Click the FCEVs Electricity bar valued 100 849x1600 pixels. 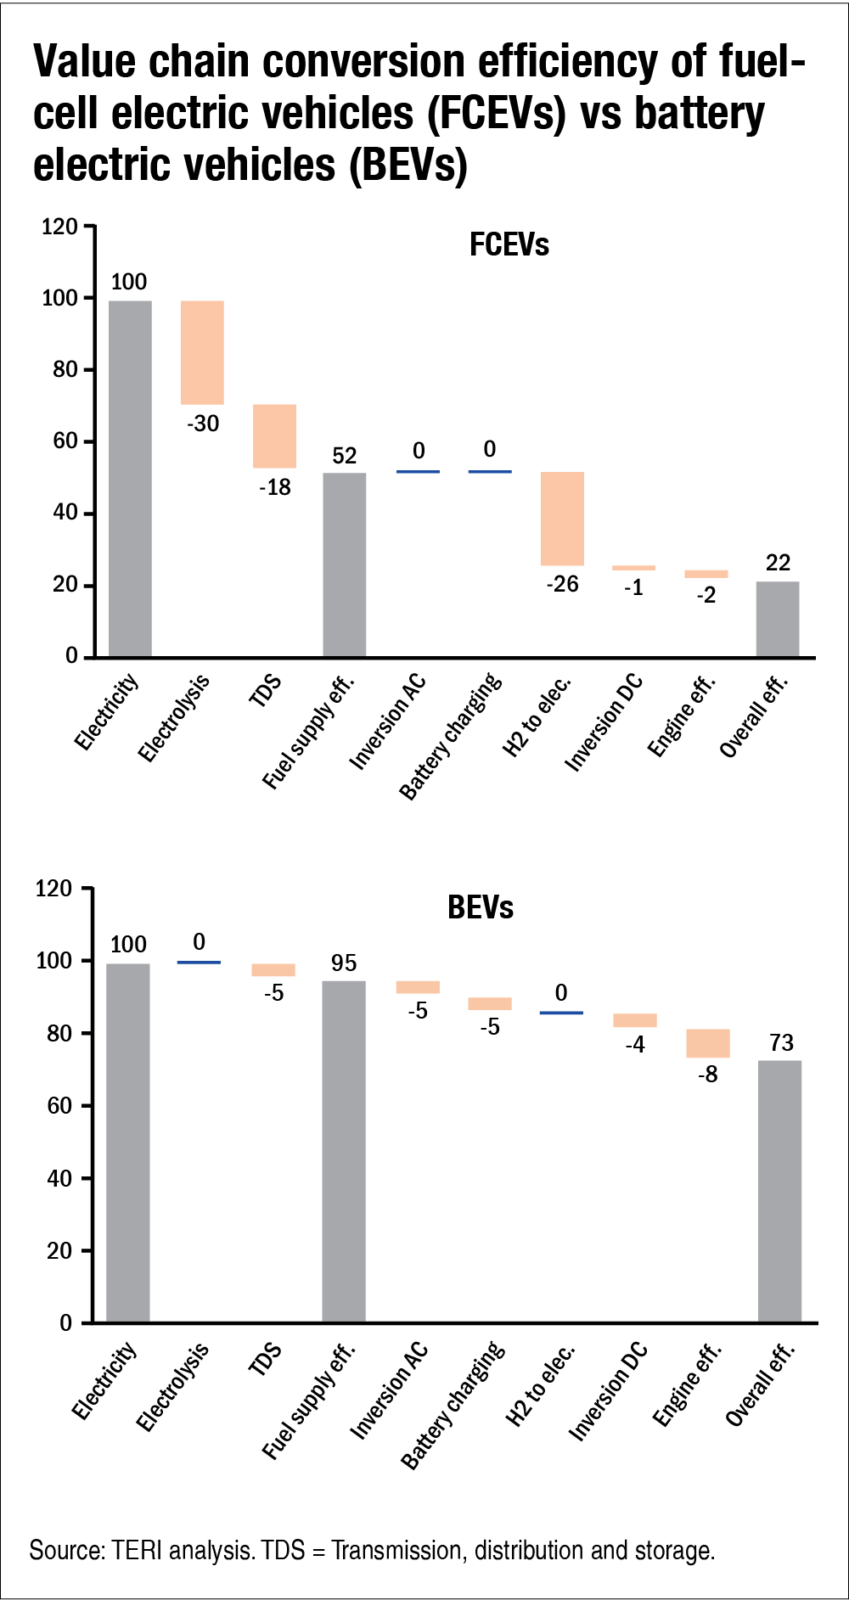pyautogui.click(x=130, y=478)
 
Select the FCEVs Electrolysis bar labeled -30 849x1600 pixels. pyautogui.click(x=202, y=352)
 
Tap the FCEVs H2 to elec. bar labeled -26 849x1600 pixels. pyautogui.click(x=562, y=518)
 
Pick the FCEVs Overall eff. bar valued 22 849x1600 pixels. pyautogui.click(x=778, y=619)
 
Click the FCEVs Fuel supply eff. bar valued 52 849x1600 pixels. pyautogui.click(x=345, y=564)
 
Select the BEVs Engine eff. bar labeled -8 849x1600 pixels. pyautogui.click(x=708, y=1043)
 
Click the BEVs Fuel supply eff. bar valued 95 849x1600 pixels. pyautogui.click(x=344, y=1151)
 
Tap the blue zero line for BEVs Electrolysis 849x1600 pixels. pyautogui.click(x=199, y=962)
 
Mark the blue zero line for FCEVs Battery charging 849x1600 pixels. pyautogui.click(x=490, y=471)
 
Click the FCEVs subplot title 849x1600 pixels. pyautogui.click(x=509, y=245)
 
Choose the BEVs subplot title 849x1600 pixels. pyautogui.click(x=481, y=907)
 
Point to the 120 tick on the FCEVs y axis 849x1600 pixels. pyautogui.click(x=59, y=227)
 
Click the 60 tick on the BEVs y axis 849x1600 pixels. pyautogui.click(x=59, y=1106)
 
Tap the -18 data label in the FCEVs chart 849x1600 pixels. pyautogui.click(x=275, y=487)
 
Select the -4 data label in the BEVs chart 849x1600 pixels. pyautogui.click(x=635, y=1044)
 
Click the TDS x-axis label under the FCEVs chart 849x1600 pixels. pyautogui.click(x=266, y=690)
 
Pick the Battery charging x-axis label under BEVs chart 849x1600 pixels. pyautogui.click(x=453, y=1404)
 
